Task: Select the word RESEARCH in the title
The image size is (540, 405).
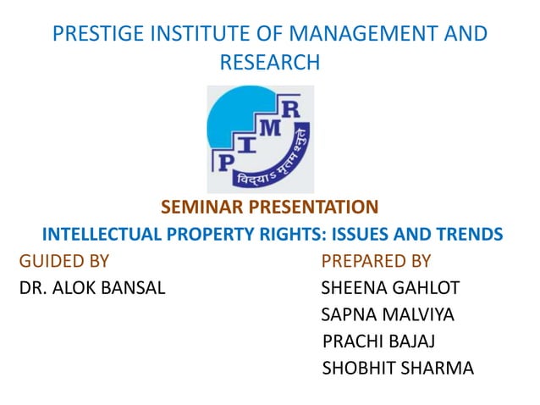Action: (269, 63)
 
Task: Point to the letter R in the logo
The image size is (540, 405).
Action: (289, 108)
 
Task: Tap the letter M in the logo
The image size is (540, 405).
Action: (266, 128)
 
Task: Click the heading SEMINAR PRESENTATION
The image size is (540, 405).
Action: (269, 207)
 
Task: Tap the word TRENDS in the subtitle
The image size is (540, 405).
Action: (471, 234)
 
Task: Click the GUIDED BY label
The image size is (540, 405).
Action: (63, 261)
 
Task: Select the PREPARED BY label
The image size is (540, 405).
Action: (377, 261)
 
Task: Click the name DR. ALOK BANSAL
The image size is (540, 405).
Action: (92, 288)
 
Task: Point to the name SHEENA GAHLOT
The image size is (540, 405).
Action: (390, 288)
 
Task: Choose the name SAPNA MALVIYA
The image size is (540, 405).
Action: (388, 315)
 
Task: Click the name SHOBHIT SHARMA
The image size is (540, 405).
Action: (399, 369)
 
